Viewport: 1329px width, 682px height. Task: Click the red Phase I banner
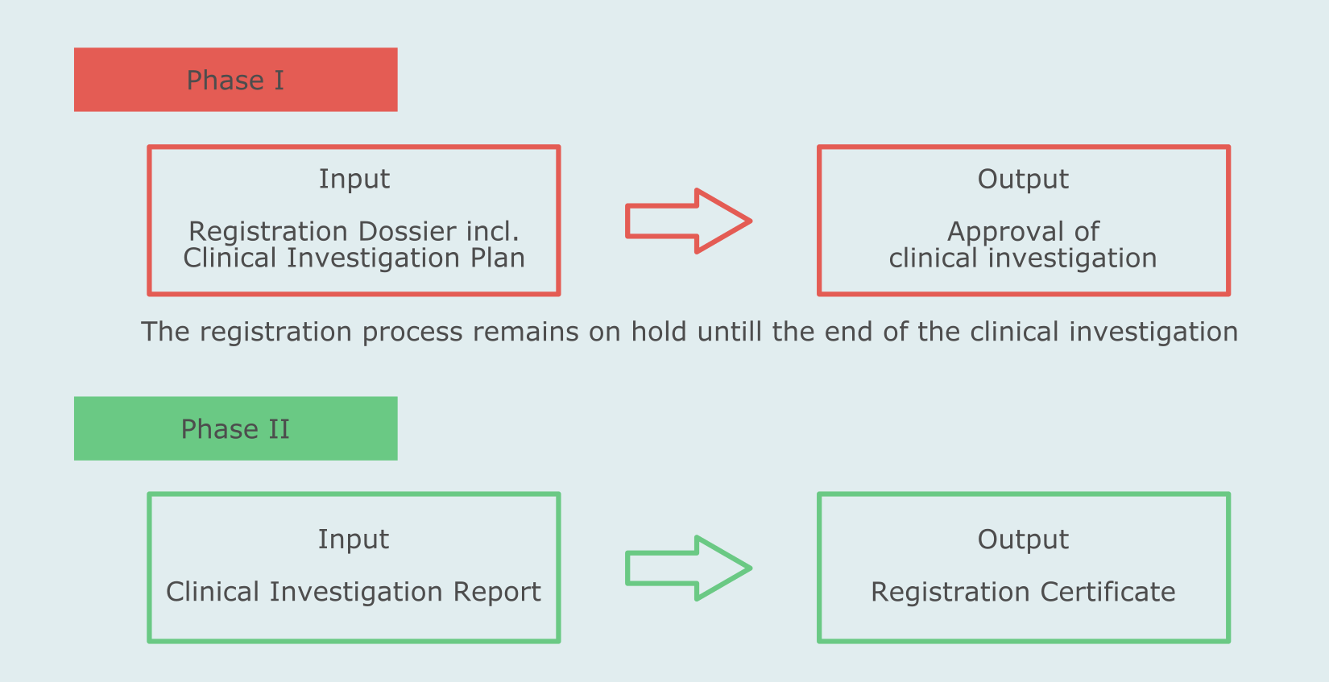coord(235,80)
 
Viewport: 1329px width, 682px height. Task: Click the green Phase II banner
coord(235,428)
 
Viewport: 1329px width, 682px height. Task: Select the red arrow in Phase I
coord(688,221)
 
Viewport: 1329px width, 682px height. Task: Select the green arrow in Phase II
coord(688,568)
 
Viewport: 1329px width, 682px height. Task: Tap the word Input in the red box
coord(354,179)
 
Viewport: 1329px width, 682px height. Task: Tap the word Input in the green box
coord(353,539)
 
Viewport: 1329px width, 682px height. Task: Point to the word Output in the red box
coord(1023,179)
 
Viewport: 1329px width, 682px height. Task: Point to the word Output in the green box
coord(1023,539)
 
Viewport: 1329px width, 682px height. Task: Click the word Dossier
coord(397,232)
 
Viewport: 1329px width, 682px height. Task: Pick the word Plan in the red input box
coord(498,258)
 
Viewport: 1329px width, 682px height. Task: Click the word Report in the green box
coord(496,592)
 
